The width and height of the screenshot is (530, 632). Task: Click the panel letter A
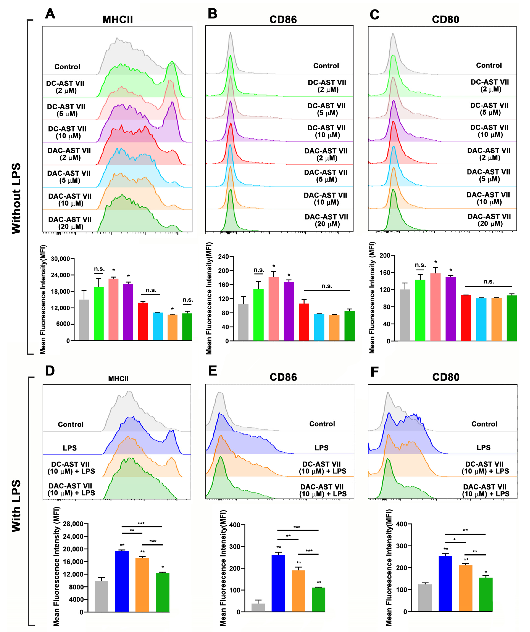pos(50,14)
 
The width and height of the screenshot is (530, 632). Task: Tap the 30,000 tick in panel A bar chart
pos(60,259)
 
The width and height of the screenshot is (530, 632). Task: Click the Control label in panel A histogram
pos(67,67)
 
